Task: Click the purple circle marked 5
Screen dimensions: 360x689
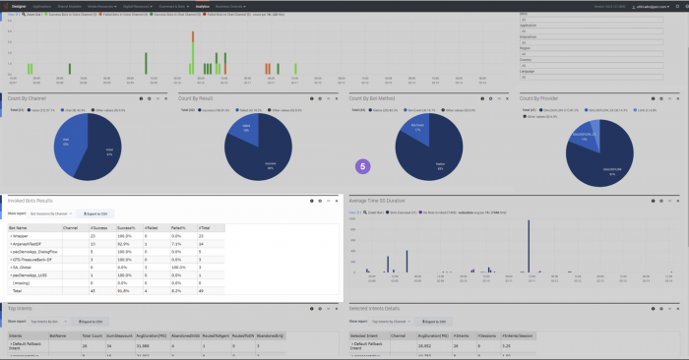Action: (x=362, y=167)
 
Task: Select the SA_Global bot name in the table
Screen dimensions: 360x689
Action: (x=22, y=266)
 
